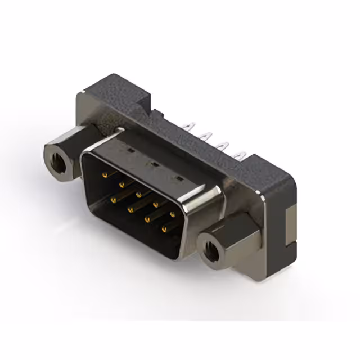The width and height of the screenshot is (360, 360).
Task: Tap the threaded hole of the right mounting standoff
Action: pos(210,251)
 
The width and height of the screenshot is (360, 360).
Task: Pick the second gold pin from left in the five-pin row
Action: pos(121,184)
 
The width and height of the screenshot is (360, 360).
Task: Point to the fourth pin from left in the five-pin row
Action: pos(155,204)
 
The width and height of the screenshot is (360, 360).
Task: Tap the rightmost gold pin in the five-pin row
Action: pos(173,214)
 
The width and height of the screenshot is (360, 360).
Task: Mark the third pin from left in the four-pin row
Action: pos(147,219)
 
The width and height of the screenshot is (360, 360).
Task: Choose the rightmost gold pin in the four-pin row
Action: pos(165,229)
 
